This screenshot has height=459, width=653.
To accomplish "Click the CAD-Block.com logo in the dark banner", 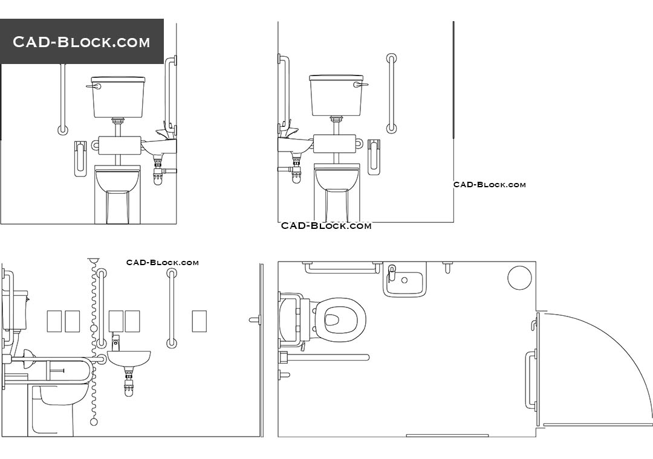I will pyautogui.click(x=82, y=42).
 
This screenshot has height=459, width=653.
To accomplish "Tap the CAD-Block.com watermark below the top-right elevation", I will pyautogui.click(x=490, y=185).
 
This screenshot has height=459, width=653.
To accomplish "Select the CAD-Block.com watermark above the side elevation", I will pyautogui.click(x=162, y=262).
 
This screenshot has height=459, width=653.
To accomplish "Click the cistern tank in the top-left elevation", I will pyautogui.click(x=119, y=97).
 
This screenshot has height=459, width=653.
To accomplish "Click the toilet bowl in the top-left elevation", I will pyautogui.click(x=117, y=179).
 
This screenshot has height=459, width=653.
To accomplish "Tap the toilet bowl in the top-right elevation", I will pyautogui.click(x=337, y=178).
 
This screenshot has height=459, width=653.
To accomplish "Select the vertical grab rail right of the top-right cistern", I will pyautogui.click(x=392, y=93).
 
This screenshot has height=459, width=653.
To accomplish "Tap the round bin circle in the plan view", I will pyautogui.click(x=519, y=278).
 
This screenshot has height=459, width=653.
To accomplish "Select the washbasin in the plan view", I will pyautogui.click(x=404, y=281).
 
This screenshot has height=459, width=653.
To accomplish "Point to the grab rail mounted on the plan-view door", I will pyautogui.click(x=531, y=380).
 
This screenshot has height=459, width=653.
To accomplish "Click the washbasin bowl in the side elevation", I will pyautogui.click(x=128, y=360).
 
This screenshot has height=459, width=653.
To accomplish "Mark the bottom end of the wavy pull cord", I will pyautogui.click(x=93, y=421).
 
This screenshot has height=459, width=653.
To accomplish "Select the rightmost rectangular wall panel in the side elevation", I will pyautogui.click(x=199, y=321).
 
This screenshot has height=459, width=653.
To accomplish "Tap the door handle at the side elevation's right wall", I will pyautogui.click(x=255, y=320).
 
